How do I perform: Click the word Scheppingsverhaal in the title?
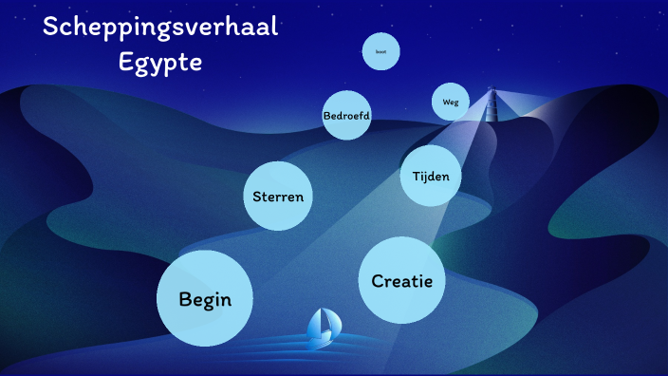click(x=160, y=28)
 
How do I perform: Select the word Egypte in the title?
click(x=160, y=63)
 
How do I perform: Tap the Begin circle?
click(x=204, y=297)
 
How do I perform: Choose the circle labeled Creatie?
click(x=402, y=280)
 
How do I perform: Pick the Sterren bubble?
click(x=278, y=197)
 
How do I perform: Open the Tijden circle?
click(x=431, y=176)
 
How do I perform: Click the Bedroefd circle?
click(x=346, y=116)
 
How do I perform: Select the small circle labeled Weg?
click(x=450, y=102)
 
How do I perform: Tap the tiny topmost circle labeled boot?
click(x=380, y=51)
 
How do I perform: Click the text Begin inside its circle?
click(x=205, y=299)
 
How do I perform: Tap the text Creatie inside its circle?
click(x=402, y=281)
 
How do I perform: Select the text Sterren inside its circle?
click(x=278, y=197)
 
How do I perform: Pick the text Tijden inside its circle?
click(x=431, y=177)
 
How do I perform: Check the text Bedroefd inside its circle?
click(x=346, y=116)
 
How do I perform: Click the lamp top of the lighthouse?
click(x=492, y=91)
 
